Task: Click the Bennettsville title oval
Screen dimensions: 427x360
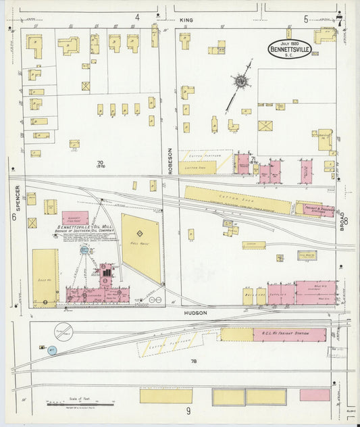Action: [290, 49]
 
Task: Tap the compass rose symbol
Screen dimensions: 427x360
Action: [240, 82]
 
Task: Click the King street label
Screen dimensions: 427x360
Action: [186, 20]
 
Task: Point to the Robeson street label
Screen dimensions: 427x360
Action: [170, 161]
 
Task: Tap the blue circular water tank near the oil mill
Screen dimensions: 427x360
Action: [84, 250]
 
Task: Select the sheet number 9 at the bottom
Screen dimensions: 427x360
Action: [188, 411]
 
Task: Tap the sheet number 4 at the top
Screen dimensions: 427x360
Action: [136, 17]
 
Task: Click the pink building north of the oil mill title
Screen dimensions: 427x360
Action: [75, 218]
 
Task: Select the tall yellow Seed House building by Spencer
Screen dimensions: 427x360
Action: [45, 278]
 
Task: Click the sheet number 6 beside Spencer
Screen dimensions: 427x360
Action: [13, 218]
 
